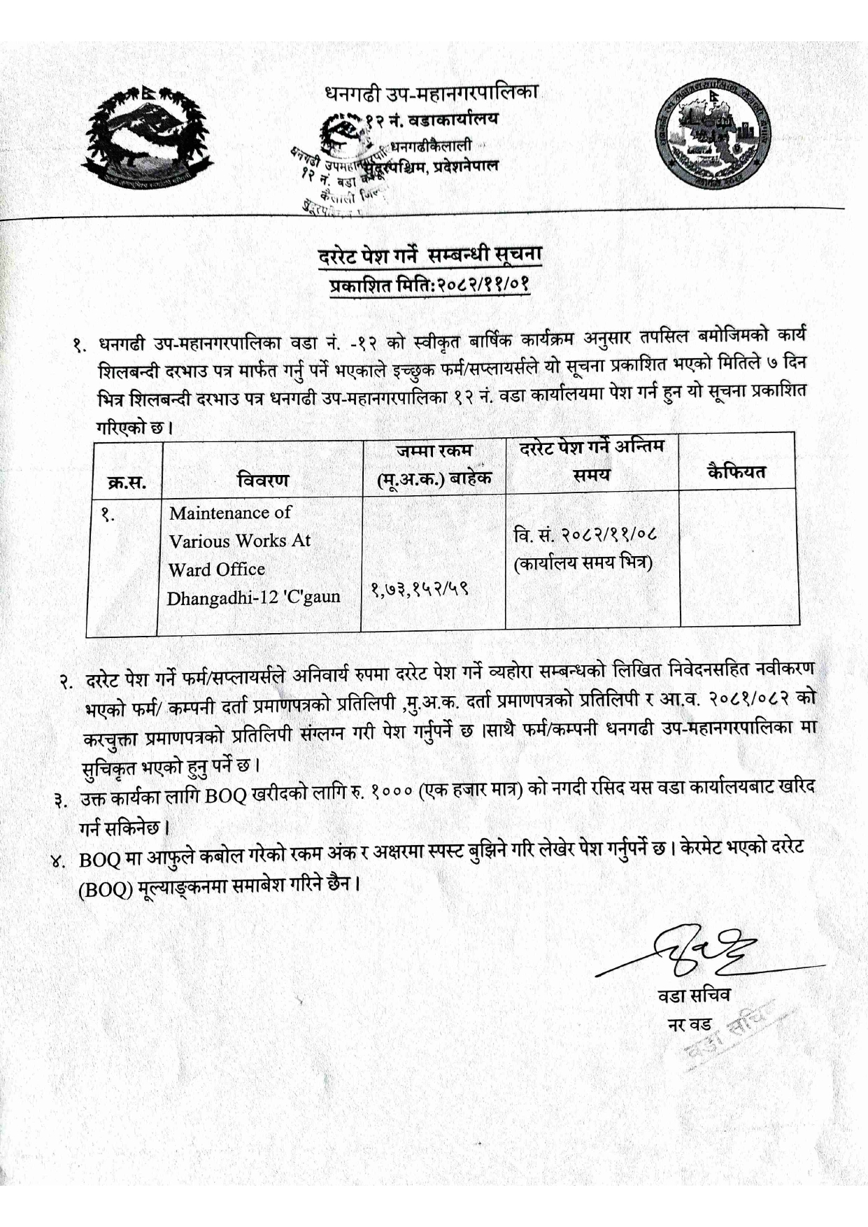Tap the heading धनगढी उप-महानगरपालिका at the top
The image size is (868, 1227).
click(x=431, y=93)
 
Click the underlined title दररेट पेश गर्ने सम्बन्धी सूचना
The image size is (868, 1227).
click(x=429, y=256)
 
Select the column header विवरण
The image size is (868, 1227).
click(x=262, y=480)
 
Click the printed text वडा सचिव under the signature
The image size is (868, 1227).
click(x=693, y=995)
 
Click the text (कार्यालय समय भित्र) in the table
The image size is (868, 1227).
click(x=584, y=562)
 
